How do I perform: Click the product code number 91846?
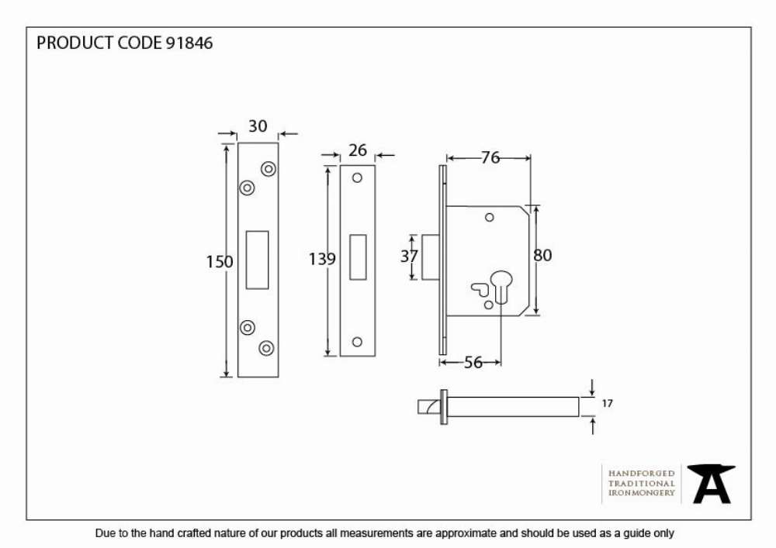[x=189, y=43]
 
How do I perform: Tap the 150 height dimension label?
[x=220, y=261]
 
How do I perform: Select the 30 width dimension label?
[x=258, y=126]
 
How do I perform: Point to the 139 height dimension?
[x=322, y=259]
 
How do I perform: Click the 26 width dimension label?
[x=358, y=150]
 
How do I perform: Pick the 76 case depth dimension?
[x=490, y=157]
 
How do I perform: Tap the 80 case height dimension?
[x=543, y=255]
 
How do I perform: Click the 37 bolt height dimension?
[x=409, y=256]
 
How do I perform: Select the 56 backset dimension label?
[x=473, y=363]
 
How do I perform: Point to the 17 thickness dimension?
[x=608, y=404]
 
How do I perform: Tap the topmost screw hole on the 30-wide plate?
[x=268, y=169]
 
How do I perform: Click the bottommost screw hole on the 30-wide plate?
[x=266, y=348]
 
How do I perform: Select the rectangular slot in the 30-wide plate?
[x=258, y=260]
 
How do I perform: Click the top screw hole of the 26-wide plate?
[x=357, y=178]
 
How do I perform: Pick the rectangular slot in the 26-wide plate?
[x=358, y=257]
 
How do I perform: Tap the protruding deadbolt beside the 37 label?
[x=430, y=257]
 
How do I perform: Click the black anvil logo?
[x=711, y=484]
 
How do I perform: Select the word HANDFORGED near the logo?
[x=642, y=474]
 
